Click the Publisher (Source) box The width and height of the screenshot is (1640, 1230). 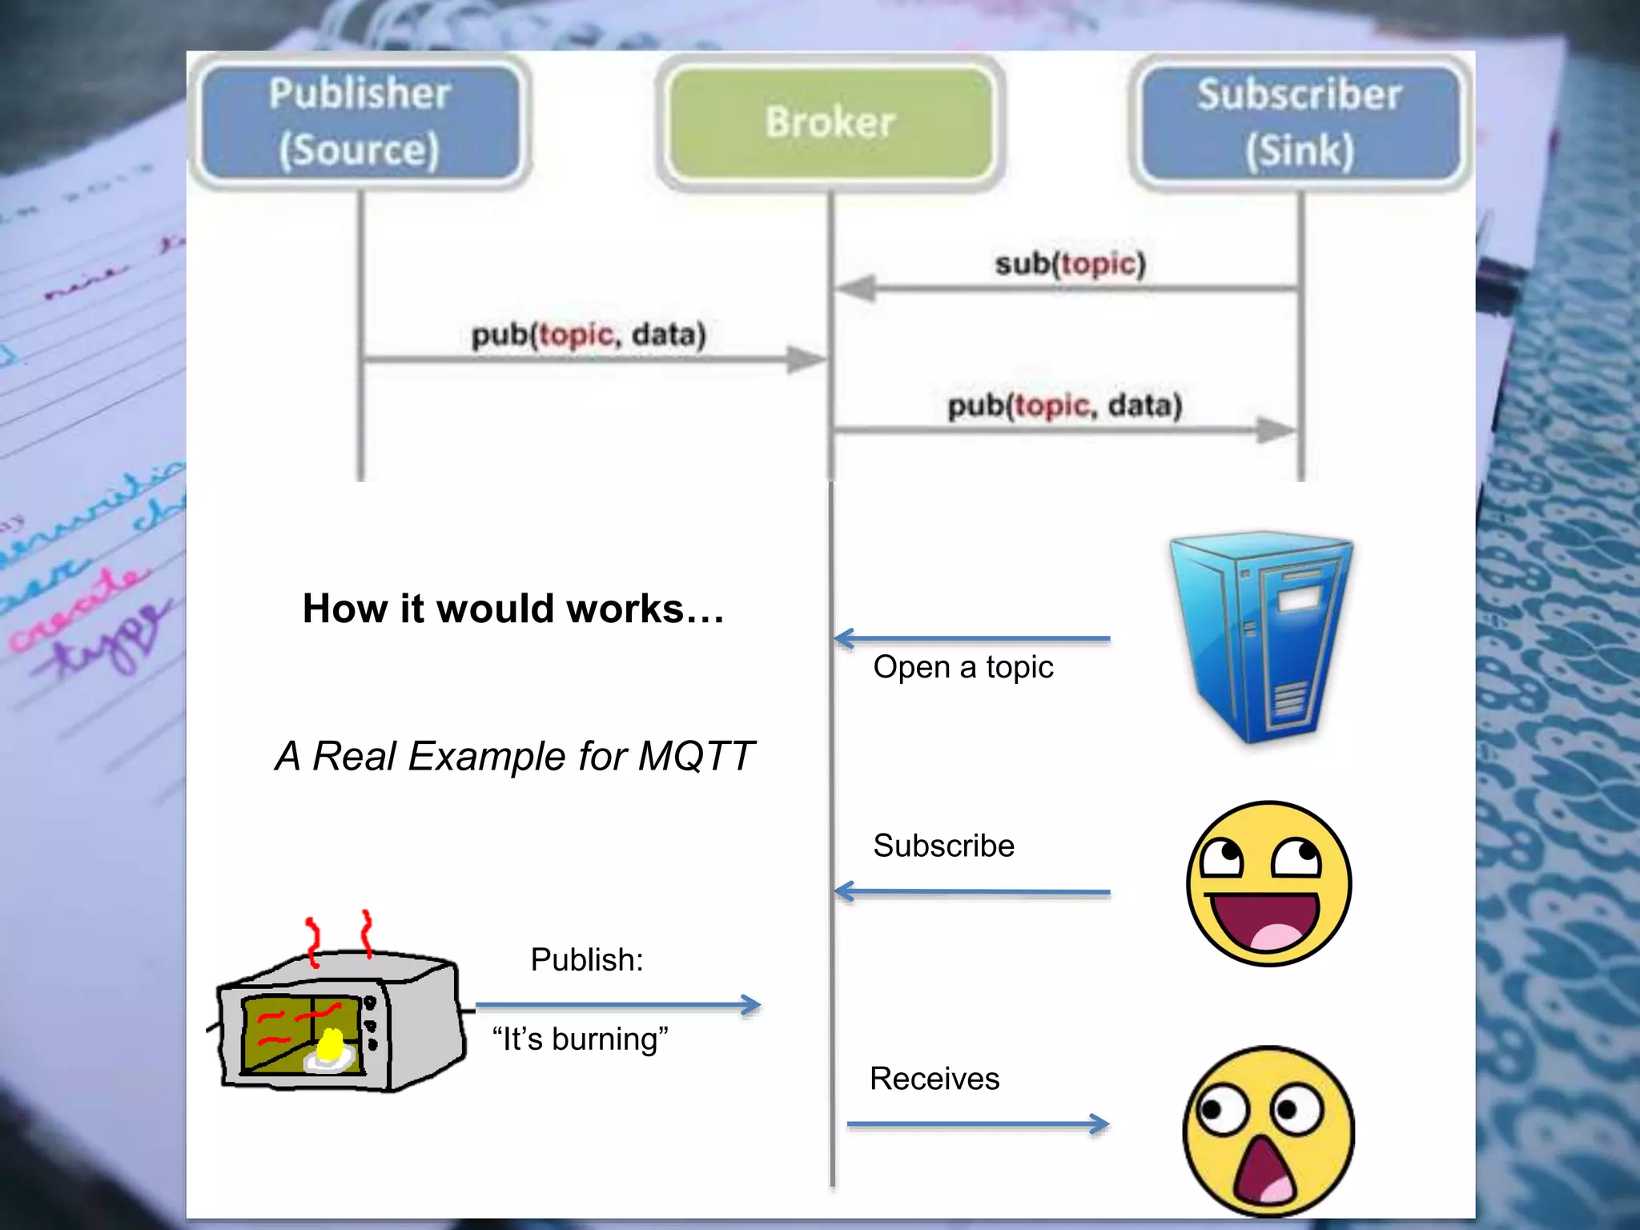[x=360, y=122]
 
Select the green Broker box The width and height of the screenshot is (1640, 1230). [x=830, y=122]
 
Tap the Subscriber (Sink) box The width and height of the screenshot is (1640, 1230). [x=1299, y=122]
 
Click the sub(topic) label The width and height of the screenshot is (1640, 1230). [x=1070, y=263]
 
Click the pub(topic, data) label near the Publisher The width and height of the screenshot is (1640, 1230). [x=589, y=335]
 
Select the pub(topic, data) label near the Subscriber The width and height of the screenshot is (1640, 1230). [x=1064, y=405]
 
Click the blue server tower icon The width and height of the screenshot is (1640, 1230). [x=1260, y=637]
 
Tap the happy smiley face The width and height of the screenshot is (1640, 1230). [x=1268, y=883]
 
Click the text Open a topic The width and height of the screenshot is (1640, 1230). [x=963, y=667]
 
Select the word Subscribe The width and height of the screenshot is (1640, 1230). [x=943, y=846]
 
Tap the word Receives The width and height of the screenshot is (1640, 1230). [x=934, y=1079]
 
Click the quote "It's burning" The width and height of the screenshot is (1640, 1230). [x=580, y=1039]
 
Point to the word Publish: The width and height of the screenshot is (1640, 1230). [x=586, y=959]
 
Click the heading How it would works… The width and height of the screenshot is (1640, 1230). [x=512, y=609]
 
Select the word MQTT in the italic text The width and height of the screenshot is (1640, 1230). [x=695, y=756]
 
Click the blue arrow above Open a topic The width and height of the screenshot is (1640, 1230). [x=971, y=638]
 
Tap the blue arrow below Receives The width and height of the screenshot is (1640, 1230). [x=977, y=1124]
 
